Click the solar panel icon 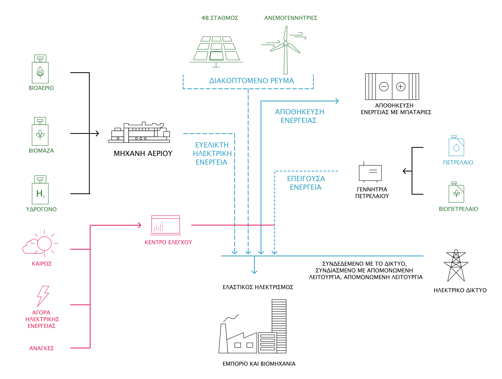point(216,51)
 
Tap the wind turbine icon point(286,50)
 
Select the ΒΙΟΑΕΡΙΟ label point(41,88)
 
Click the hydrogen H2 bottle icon point(40,190)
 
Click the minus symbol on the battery point(384,87)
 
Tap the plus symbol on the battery point(401,87)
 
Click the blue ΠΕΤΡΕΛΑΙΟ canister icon point(456,146)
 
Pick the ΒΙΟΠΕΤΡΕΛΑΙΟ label point(458,209)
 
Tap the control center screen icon point(166,225)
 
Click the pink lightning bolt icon point(43,296)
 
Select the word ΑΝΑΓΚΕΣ point(42,348)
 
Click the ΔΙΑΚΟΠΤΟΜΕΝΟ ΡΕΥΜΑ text point(252,81)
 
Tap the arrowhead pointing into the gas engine point(97,134)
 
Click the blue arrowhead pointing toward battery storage point(337,101)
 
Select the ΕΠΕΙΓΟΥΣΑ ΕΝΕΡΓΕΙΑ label point(306,183)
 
